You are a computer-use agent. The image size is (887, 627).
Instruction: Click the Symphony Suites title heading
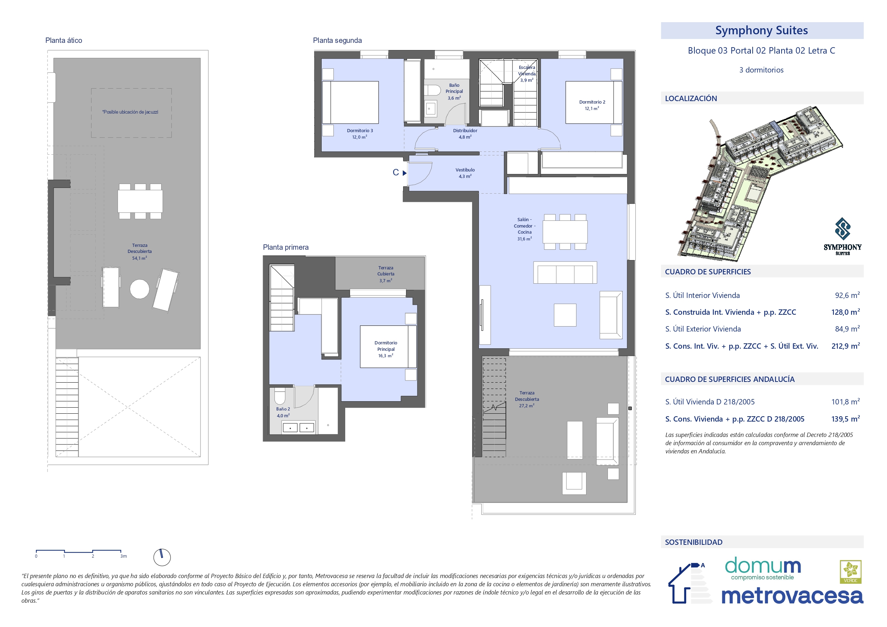click(x=761, y=30)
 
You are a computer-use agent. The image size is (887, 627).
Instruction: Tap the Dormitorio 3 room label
click(x=360, y=134)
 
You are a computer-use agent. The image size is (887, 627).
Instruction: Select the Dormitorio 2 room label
click(x=592, y=105)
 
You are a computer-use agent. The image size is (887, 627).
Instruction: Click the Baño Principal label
click(x=454, y=91)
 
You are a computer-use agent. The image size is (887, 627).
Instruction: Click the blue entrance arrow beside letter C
click(x=405, y=173)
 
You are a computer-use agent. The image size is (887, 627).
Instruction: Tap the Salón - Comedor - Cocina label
click(x=524, y=229)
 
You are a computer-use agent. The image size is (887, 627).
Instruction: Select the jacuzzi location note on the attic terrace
click(x=130, y=112)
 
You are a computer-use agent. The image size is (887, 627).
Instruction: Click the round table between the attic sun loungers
click(x=139, y=289)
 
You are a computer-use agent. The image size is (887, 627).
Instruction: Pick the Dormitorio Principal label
click(x=386, y=349)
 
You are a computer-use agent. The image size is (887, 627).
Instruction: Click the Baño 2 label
click(x=283, y=412)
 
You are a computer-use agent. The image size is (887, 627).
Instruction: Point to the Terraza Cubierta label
click(x=386, y=274)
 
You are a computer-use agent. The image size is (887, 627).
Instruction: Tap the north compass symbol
click(x=162, y=557)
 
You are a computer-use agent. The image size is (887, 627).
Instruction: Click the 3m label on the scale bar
click(x=123, y=556)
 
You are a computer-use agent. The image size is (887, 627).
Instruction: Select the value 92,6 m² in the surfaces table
click(x=847, y=295)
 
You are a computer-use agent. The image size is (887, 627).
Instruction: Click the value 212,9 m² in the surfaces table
click(x=846, y=346)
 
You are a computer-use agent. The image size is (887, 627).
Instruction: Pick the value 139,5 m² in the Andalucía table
click(x=846, y=419)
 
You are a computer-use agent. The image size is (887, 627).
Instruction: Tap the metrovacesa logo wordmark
click(x=792, y=596)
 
